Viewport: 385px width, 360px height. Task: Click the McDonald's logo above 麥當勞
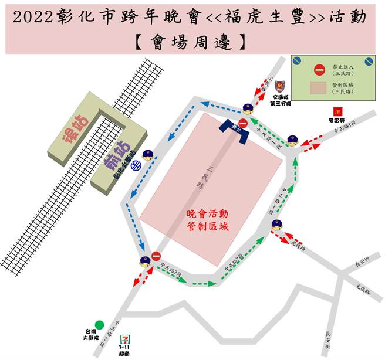[337, 110]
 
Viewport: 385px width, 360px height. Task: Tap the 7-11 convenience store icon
[124, 339]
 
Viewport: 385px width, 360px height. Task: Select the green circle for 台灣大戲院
[99, 324]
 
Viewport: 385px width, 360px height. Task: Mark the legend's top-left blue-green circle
[298, 60]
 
